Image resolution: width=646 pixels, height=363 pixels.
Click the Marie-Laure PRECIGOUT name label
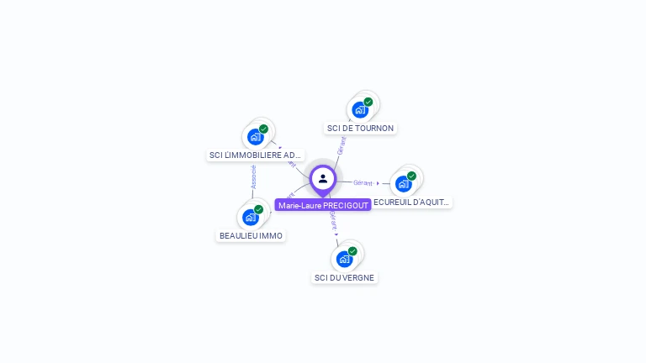coord(323,205)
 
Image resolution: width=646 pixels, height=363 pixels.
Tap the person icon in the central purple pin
coord(323,178)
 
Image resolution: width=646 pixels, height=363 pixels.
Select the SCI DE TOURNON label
coord(360,128)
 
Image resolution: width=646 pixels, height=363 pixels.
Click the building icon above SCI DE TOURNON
coord(360,110)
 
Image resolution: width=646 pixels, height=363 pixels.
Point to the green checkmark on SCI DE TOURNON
coord(368,102)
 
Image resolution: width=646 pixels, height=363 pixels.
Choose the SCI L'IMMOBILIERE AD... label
coord(255,155)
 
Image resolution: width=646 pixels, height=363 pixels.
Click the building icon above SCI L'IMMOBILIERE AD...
coord(255,137)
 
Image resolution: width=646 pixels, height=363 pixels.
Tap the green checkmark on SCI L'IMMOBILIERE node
coord(263,129)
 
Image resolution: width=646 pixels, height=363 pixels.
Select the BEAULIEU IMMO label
coord(251,235)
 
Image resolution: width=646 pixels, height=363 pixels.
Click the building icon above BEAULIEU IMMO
coord(250,218)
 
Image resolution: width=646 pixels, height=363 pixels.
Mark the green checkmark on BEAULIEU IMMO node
coord(258,209)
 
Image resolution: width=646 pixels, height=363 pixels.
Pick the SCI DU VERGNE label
coord(345,277)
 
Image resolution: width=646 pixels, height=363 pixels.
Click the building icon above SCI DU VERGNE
coord(344,259)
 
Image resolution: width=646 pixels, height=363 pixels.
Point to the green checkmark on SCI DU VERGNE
coord(352,250)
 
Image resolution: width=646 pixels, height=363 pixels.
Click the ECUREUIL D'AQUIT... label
coord(411,202)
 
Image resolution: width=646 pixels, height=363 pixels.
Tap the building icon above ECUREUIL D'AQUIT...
coord(403,184)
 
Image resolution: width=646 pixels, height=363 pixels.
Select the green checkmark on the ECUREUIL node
coord(411,176)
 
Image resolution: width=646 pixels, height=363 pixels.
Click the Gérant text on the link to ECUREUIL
coord(363,182)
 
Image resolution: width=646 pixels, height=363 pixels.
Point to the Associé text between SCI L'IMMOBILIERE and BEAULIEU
coord(253,176)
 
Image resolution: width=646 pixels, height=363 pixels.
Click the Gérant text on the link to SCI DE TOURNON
coord(341,145)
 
